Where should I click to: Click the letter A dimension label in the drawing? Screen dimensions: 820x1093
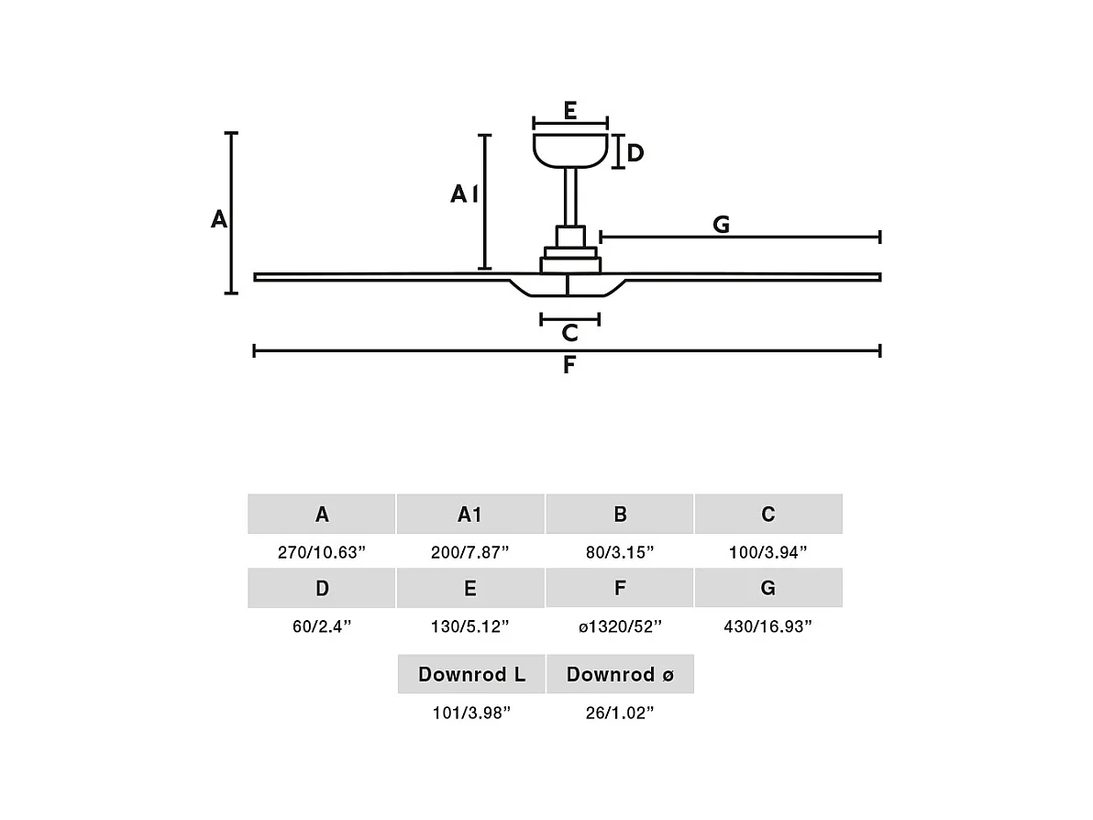point(218,220)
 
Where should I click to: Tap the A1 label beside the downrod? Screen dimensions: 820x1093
point(464,194)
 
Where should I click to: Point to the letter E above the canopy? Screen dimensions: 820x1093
point(569,112)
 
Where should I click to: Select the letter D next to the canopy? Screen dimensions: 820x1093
point(635,153)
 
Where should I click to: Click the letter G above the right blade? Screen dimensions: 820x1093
point(722,225)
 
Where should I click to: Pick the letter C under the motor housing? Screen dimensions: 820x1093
point(569,333)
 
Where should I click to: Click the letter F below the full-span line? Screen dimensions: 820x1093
point(569,365)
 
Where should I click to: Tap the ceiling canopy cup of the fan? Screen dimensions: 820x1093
point(570,150)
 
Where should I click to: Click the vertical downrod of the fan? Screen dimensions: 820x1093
point(570,197)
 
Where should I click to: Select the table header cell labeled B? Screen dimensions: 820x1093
point(620,515)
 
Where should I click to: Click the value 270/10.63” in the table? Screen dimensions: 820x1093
point(322,552)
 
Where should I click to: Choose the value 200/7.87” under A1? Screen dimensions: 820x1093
point(469,552)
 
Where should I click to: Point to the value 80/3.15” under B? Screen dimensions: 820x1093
point(620,552)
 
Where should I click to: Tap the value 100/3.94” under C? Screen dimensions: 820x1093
point(768,552)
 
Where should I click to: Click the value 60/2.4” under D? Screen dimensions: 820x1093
point(322,626)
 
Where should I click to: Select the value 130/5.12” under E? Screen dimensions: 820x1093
point(469,626)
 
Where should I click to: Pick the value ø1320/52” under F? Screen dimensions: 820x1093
point(620,626)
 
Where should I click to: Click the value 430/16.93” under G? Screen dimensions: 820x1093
point(768,626)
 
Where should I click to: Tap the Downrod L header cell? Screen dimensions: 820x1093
point(471,675)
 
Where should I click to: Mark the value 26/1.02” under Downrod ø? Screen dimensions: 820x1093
point(620,713)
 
